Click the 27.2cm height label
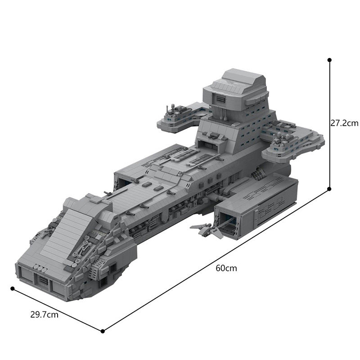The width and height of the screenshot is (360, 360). (x=344, y=123)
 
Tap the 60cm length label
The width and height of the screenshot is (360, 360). (x=226, y=268)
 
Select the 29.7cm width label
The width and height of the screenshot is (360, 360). (x=45, y=315)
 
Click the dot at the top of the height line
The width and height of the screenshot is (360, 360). (x=330, y=59)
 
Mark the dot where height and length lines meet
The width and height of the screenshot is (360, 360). (x=330, y=189)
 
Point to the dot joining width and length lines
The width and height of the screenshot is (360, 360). (x=103, y=331)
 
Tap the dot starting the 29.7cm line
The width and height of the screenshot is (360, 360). (x=13, y=288)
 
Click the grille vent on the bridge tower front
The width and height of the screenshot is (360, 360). (x=220, y=99)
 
